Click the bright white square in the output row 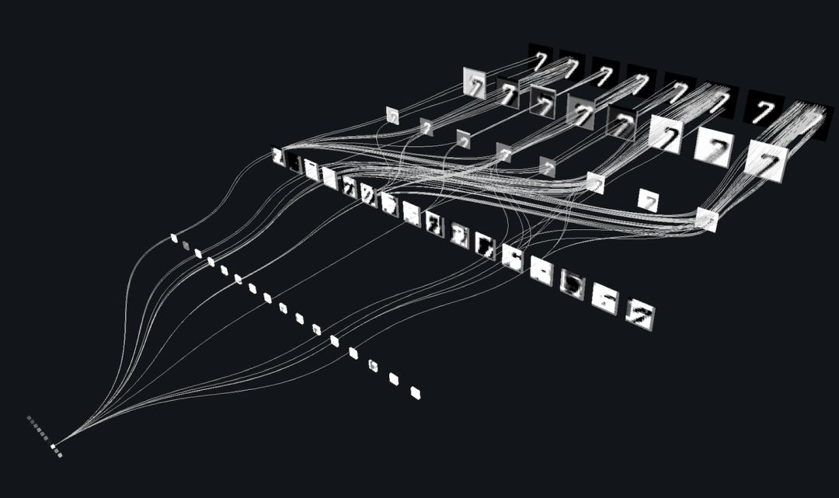point(54,447)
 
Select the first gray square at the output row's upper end point(30,418)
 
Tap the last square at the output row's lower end point(60,454)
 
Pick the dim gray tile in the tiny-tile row point(186,246)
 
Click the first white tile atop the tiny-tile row point(174,238)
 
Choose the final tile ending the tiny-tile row point(415,392)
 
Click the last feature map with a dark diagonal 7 point(642,314)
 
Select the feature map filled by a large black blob point(573,285)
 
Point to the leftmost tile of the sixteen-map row point(277,158)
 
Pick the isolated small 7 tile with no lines point(648,200)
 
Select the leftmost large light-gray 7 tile point(474,83)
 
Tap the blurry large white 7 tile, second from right point(714,147)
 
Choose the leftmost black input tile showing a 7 point(541,57)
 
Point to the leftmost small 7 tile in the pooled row point(392,116)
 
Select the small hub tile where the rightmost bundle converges point(706,220)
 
